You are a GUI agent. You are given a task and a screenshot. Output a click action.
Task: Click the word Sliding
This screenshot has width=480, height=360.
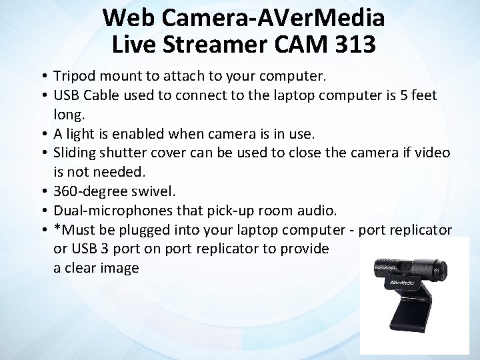click(x=79, y=153)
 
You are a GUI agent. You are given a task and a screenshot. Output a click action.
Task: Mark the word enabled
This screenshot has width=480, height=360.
click(x=129, y=133)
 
